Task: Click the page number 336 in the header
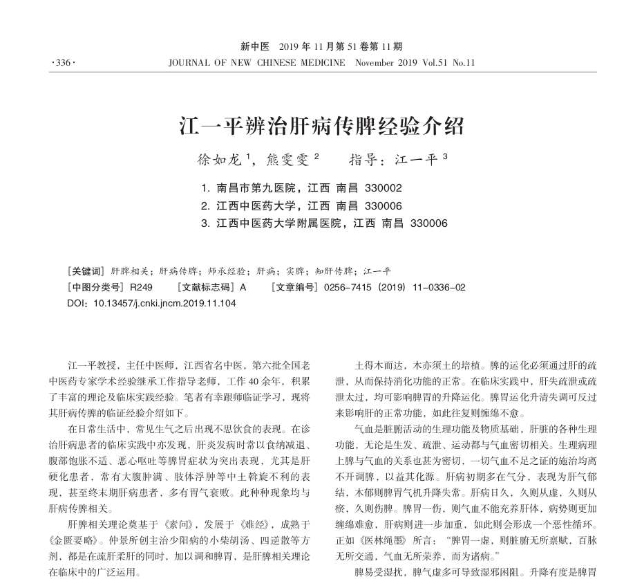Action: [x=63, y=63]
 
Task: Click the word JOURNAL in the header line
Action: [x=188, y=63]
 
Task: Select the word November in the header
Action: [x=375, y=63]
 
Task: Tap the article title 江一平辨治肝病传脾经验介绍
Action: [x=321, y=127]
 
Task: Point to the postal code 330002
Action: [x=383, y=188]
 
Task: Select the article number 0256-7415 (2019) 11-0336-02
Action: [x=395, y=287]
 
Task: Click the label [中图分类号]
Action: [x=95, y=287]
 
